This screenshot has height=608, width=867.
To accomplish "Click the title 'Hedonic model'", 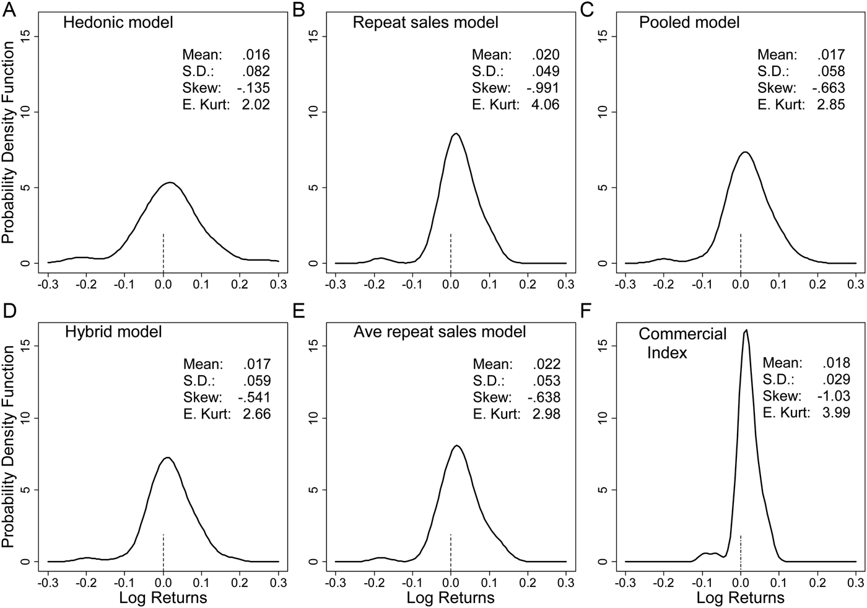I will point(118,23).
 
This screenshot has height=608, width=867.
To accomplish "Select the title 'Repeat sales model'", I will point(425,23).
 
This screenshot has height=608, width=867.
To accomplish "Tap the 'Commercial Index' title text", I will point(682,343).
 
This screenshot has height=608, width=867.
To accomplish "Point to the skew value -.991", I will point(543,88).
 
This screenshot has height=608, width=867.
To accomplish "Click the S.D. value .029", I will point(835,380).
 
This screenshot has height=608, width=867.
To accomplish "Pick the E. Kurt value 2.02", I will point(255,105).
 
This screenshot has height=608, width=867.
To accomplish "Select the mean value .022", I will point(546,364).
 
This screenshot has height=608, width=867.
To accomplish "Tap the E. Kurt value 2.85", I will point(830,105).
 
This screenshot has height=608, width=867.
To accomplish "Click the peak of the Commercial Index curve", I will point(746,330).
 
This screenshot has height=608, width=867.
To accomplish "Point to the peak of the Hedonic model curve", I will point(170,183).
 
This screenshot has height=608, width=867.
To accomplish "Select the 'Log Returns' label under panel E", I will point(450,597).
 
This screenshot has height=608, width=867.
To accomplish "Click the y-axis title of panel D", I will point(9,446).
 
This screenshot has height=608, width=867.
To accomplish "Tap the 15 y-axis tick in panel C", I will point(604,37).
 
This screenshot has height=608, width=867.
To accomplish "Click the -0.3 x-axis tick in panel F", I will point(625,583).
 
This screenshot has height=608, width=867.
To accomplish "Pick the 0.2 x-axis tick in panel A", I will point(240,284).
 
